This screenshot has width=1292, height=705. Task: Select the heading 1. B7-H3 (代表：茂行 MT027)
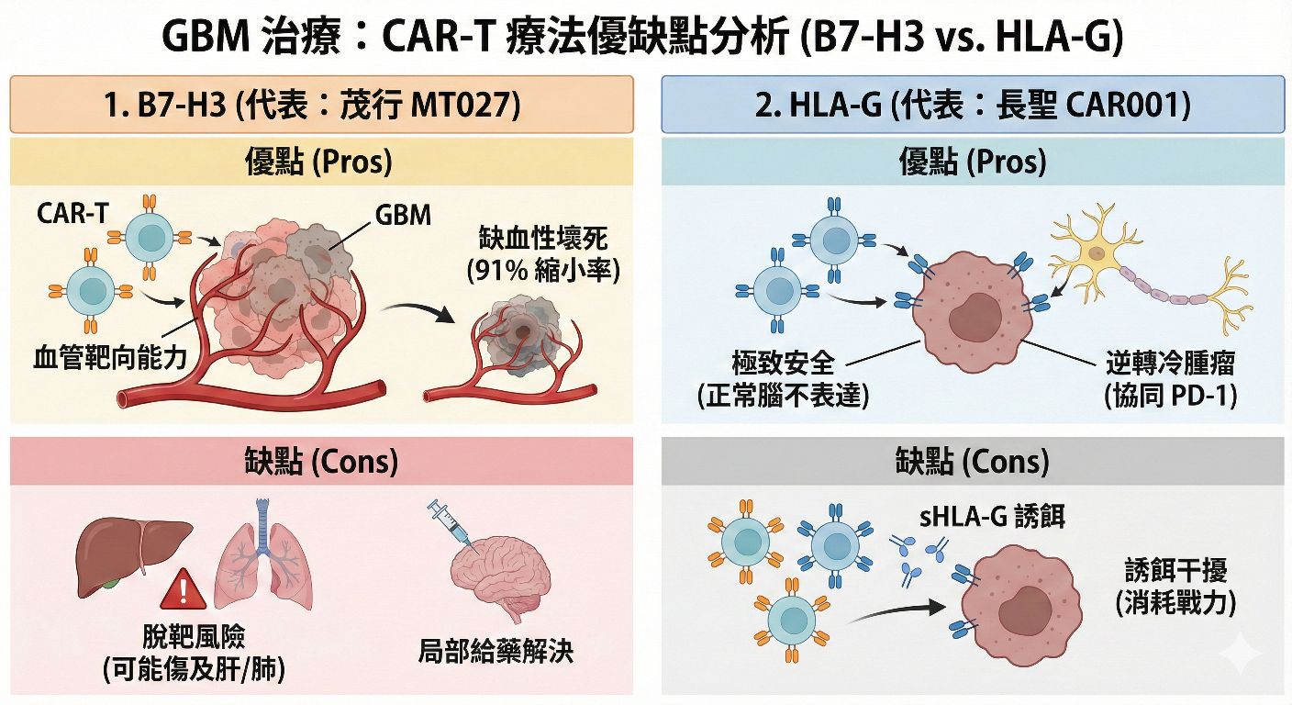coord(321,105)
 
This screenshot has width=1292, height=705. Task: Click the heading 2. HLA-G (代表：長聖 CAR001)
coord(973,105)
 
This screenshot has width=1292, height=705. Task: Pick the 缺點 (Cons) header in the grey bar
coord(973,460)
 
